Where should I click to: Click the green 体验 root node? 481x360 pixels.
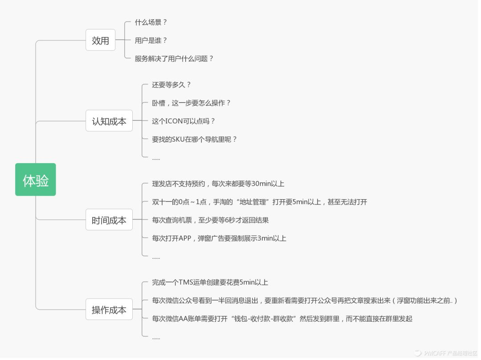pyautogui.click(x=36, y=180)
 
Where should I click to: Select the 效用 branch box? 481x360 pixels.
pyautogui.click(x=100, y=40)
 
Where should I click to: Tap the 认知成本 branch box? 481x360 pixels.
pyautogui.click(x=109, y=121)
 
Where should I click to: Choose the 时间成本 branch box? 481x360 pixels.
pyautogui.click(x=109, y=220)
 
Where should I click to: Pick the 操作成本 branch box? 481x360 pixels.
pyautogui.click(x=109, y=310)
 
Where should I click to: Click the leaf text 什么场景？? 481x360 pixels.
pyautogui.click(x=151, y=22)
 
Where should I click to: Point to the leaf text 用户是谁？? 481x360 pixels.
pyautogui.click(x=151, y=41)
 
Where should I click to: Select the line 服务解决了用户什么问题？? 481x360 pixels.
pyautogui.click(x=174, y=59)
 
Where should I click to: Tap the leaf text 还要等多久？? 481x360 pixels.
pyautogui.click(x=171, y=85)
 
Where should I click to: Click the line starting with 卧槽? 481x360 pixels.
pyautogui.click(x=192, y=103)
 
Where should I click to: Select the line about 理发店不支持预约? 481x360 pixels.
pyautogui.click(x=218, y=184)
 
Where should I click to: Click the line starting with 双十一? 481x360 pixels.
pyautogui.click(x=259, y=202)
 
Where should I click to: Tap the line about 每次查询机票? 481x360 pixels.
pyautogui.click(x=210, y=220)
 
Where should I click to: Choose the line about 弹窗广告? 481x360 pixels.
pyautogui.click(x=219, y=238)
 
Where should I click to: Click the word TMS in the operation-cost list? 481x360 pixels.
pyautogui.click(x=186, y=282)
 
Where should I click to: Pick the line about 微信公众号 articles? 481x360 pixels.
pyautogui.click(x=305, y=301)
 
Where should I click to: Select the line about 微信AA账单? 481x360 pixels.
pyautogui.click(x=282, y=319)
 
